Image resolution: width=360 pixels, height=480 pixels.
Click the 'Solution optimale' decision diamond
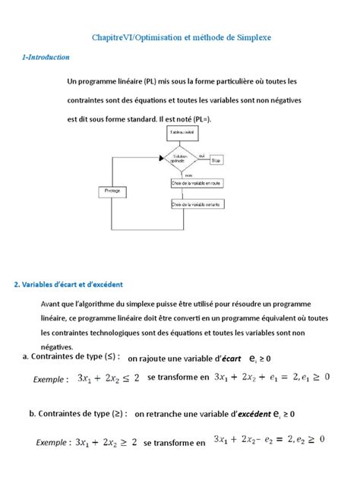pyautogui.click(x=179, y=160)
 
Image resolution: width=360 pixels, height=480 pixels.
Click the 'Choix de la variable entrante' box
pyautogui.click(x=196, y=183)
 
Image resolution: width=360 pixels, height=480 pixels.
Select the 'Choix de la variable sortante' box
pyautogui.click(x=196, y=204)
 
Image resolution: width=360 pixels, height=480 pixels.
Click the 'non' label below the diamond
pyautogui.click(x=188, y=175)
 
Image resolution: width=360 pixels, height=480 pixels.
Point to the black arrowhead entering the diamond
pyautogui.click(x=161, y=160)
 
